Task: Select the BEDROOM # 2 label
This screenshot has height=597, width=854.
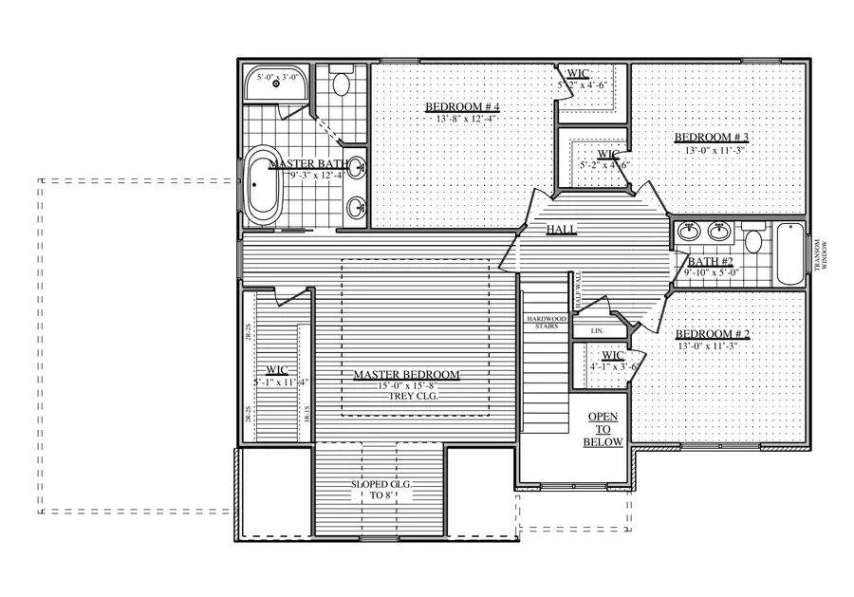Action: pos(712,334)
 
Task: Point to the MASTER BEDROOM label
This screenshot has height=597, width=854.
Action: pos(406,375)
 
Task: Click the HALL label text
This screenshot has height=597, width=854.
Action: pos(558,230)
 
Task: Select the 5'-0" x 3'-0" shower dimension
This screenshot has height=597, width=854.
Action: pos(272,75)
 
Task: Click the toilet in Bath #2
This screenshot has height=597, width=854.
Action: pos(754,241)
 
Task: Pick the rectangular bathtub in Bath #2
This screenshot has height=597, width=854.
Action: pos(789,253)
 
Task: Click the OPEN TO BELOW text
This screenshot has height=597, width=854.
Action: pos(604,430)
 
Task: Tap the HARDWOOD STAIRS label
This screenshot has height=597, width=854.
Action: pos(546,322)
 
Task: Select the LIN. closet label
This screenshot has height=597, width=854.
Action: pos(597,330)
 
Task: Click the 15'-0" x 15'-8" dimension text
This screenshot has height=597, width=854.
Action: pos(406,385)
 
